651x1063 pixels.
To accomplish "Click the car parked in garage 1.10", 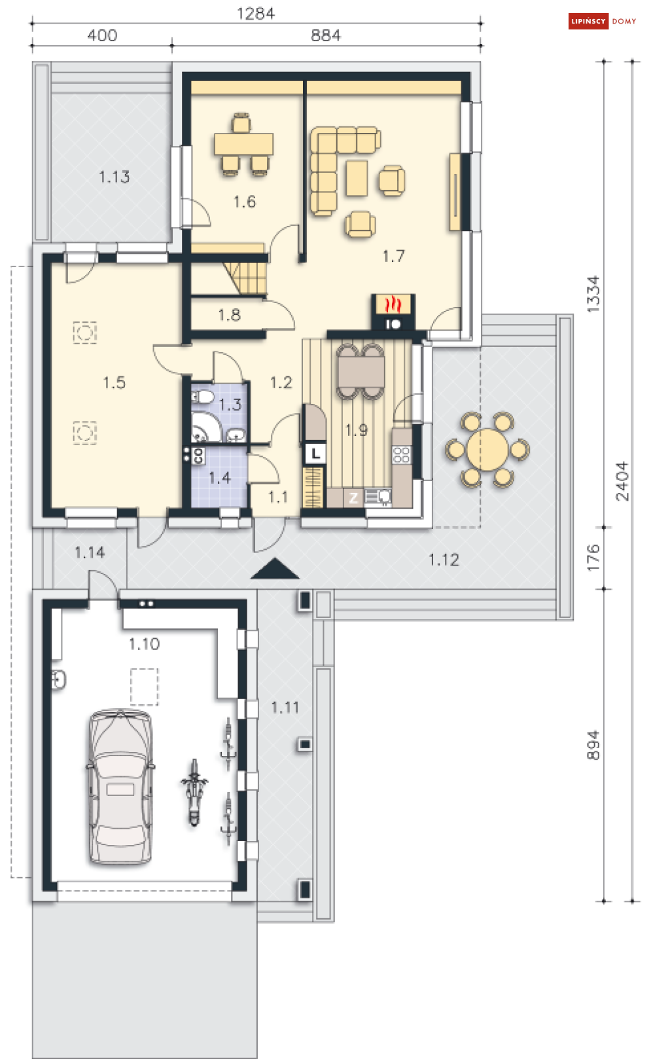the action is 120,786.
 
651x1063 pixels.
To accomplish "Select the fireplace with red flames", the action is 393,312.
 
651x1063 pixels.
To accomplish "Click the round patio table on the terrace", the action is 487,450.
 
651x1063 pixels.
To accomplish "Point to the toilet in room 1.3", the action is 203,396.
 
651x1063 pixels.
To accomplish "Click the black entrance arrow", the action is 275,569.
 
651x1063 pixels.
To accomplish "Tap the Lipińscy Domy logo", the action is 603,22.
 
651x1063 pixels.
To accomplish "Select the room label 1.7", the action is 393,257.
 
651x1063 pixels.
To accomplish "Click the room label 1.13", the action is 114,177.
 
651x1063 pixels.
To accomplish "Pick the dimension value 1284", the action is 256,13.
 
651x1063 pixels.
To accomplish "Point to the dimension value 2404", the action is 622,481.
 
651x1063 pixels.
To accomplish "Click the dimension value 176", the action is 593,558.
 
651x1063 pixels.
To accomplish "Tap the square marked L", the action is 315,454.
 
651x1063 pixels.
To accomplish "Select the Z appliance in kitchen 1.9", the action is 353,498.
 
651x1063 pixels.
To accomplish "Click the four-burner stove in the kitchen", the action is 402,454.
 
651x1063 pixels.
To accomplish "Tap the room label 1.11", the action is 285,708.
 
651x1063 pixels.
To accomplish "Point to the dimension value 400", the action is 102,35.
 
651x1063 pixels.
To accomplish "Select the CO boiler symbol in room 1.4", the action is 198,456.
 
